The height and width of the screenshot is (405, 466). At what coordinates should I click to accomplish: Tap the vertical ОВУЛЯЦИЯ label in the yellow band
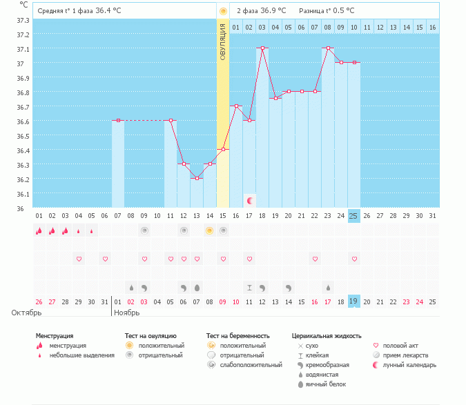(223, 41)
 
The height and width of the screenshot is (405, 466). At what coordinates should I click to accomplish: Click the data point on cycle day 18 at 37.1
(262, 48)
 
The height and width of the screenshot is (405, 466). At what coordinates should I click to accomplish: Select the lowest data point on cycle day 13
(197, 178)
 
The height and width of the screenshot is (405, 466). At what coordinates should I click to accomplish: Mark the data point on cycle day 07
(118, 120)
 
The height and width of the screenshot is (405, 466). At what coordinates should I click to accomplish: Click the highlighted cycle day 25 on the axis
(353, 216)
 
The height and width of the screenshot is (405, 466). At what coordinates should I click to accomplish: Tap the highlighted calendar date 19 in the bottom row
(353, 302)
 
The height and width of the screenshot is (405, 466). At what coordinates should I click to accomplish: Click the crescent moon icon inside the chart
(250, 201)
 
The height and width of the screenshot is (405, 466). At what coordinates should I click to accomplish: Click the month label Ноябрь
(127, 313)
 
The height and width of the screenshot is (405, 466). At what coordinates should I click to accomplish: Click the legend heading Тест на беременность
(237, 335)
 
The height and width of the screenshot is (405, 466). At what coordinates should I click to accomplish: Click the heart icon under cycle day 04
(79, 259)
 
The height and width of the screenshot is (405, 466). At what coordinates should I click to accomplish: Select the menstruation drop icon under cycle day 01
(39, 231)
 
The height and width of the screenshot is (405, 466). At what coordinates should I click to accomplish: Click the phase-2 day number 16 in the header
(432, 27)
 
